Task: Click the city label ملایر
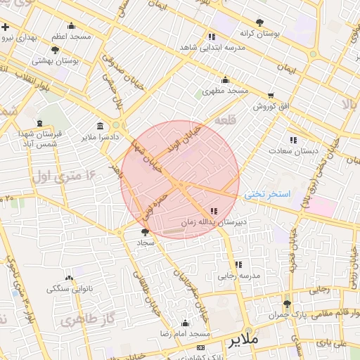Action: click(244, 339)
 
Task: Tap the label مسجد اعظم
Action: click(70, 36)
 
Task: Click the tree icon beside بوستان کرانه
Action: click(260, 22)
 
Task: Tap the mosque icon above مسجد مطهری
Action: click(225, 79)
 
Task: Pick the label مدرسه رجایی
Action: click(238, 276)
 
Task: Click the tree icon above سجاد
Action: click(146, 231)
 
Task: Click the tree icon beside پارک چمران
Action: click(286, 304)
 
